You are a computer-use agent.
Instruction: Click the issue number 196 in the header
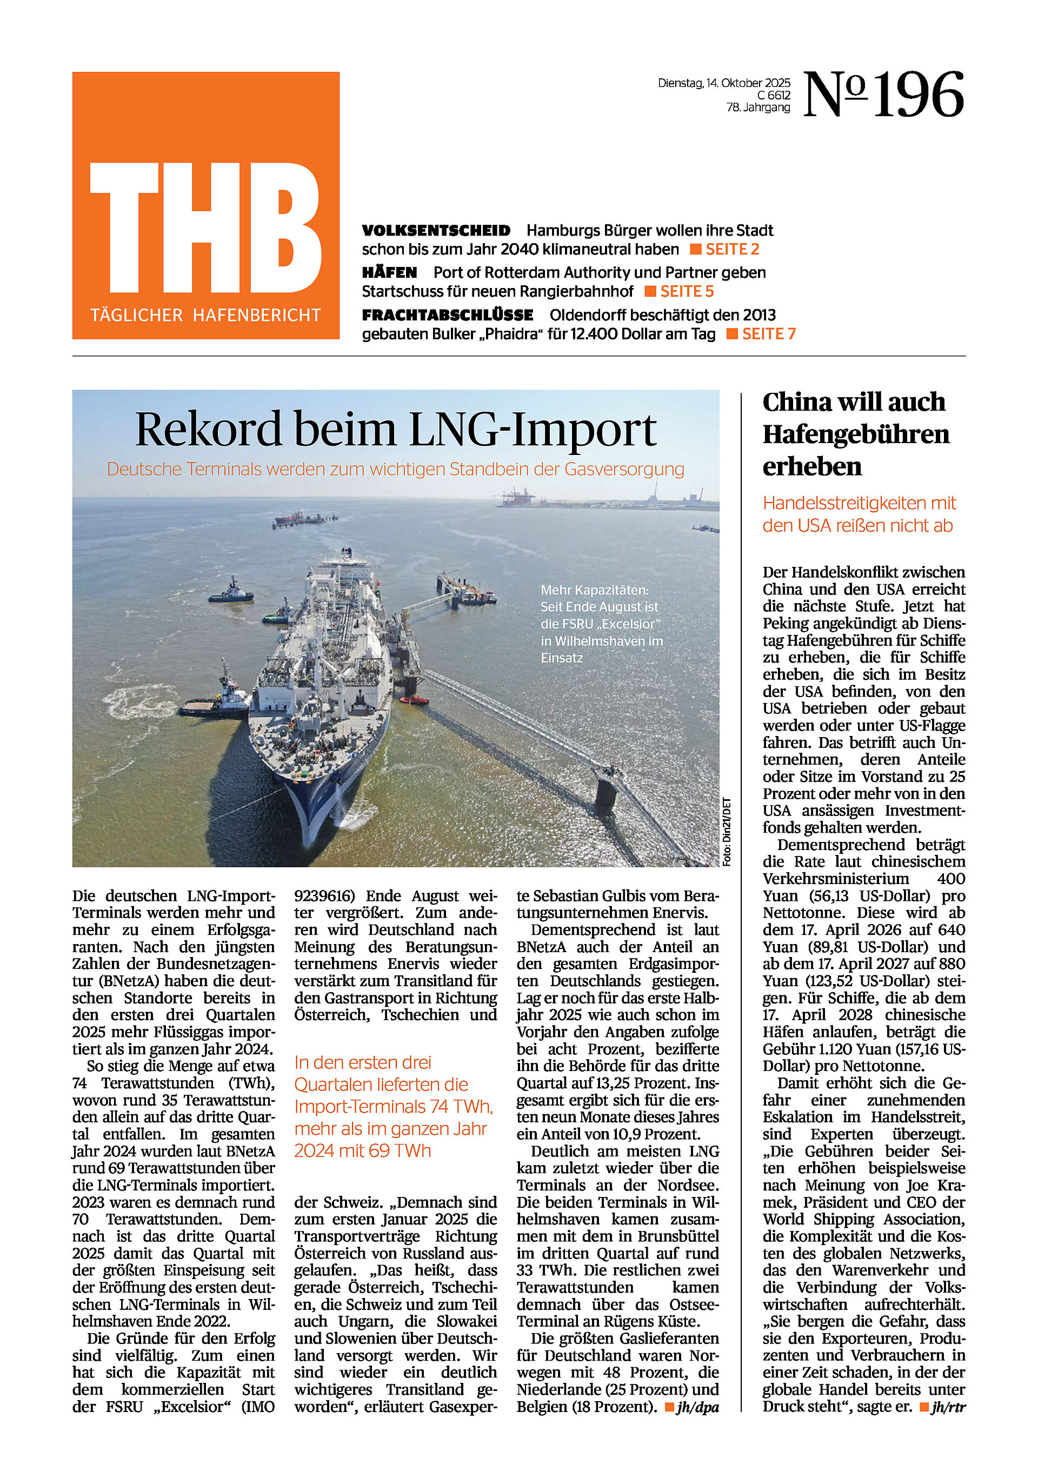coord(919,95)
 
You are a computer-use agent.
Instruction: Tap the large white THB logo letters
coord(205,228)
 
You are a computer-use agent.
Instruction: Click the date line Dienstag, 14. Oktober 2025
coord(724,83)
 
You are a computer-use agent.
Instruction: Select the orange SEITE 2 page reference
coord(732,250)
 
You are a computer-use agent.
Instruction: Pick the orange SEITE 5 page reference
coord(687,292)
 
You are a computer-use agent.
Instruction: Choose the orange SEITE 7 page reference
coord(768,334)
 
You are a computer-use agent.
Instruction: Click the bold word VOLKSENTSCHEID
coord(436,231)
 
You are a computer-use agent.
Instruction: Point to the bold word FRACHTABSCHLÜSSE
coord(447,316)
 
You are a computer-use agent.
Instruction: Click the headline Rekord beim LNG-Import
coord(395,429)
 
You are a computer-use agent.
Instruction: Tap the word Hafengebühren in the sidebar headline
coord(856,434)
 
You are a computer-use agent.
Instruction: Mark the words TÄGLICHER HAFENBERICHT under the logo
coord(205,316)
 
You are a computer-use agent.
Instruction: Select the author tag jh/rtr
coord(948,1407)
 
